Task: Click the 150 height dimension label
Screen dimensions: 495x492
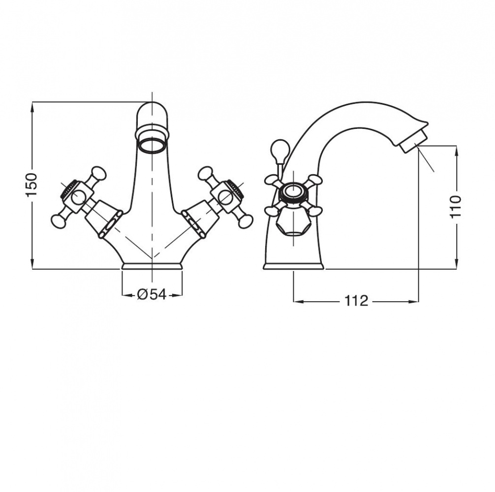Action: pyautogui.click(x=32, y=185)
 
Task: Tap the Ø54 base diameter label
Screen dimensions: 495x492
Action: pyautogui.click(x=152, y=295)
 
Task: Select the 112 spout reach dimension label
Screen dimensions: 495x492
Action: pyautogui.click(x=356, y=301)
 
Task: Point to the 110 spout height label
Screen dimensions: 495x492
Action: pyautogui.click(x=456, y=206)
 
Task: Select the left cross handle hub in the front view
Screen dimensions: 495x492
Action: pyautogui.click(x=77, y=197)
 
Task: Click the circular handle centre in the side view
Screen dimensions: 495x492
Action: pyautogui.click(x=293, y=191)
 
